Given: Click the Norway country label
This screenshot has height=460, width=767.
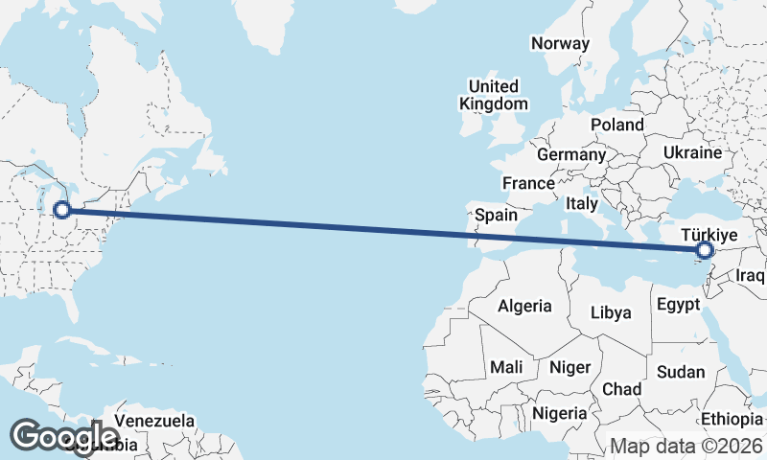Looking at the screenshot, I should tap(561, 43).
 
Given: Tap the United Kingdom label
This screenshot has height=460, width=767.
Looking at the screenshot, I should tap(494, 95).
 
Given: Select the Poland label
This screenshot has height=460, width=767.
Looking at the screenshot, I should tap(617, 125).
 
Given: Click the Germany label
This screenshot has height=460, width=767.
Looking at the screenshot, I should tap(571, 154).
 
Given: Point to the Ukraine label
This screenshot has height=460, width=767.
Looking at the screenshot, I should tap(692, 152).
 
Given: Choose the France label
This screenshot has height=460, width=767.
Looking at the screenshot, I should tap(528, 183).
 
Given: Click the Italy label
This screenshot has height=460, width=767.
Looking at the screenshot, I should tap(582, 203).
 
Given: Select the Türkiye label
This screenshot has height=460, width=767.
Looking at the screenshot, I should tap(709, 235).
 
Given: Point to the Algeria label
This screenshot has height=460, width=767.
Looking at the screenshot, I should tap(524, 306).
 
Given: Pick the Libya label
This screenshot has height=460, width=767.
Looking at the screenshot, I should tap(611, 312).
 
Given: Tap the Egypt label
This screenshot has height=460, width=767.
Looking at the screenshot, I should tap(680, 307).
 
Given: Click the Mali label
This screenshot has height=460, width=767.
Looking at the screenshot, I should tap(506, 367).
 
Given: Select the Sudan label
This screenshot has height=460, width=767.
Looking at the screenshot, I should tap(682, 372).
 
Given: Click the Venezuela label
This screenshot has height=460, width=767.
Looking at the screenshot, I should tap(154, 421).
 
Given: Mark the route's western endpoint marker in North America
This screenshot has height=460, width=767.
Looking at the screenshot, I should tap(62, 210).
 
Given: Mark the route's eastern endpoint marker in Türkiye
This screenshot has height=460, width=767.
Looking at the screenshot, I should tap(706, 251).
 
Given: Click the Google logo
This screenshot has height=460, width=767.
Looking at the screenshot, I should tap(63, 436).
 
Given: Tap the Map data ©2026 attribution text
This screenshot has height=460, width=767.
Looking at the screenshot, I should tap(686, 446).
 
